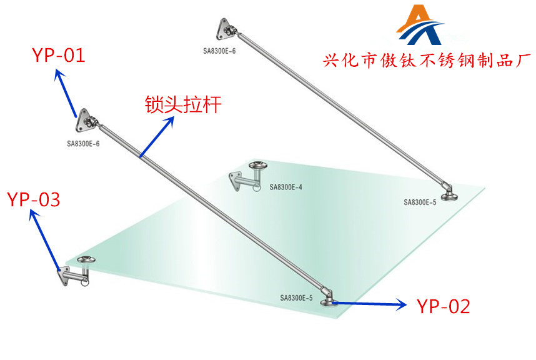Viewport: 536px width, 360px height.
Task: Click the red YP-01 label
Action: tap(59, 56)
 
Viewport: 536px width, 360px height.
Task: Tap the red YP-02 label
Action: tap(444, 306)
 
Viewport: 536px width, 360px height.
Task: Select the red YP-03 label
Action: tap(34, 199)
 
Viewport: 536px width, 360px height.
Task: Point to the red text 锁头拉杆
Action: tap(183, 104)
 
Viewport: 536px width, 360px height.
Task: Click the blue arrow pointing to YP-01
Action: tap(65, 93)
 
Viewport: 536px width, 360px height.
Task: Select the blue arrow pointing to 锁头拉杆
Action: tap(157, 137)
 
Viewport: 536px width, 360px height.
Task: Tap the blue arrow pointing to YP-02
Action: tap(369, 304)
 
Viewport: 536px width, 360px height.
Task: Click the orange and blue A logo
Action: tap(419, 25)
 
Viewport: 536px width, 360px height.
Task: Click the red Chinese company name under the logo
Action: tap(427, 61)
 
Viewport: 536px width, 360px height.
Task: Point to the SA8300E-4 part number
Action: tap(285, 187)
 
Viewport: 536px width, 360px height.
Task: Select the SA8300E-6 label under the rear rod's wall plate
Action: tap(219, 51)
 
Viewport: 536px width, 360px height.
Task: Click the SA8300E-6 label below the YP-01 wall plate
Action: tap(83, 144)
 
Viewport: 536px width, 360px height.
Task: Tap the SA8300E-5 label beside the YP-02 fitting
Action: tap(296, 297)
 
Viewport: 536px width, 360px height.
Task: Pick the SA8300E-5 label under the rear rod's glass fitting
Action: tap(420, 202)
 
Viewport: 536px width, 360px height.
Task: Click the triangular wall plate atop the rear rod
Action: tap(223, 29)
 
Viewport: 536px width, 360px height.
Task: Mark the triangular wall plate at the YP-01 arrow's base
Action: tap(83, 121)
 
